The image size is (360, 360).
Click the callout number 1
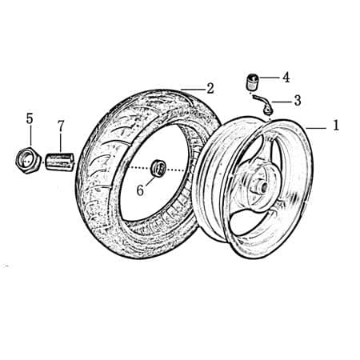coord(337,126)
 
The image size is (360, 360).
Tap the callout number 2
coord(210,88)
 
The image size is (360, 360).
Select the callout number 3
coord(297,101)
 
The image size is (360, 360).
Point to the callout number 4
coord(286,78)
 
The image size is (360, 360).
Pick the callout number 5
coord(30,118)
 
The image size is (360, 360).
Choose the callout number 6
coord(139,190)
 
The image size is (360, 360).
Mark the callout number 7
coord(60,126)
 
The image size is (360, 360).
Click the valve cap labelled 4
coord(253,81)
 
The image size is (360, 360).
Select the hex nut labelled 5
coord(29,159)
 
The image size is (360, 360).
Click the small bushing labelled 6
coord(158,168)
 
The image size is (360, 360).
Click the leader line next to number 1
coord(316,126)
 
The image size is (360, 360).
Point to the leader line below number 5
coord(30,136)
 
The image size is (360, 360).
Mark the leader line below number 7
coord(60,142)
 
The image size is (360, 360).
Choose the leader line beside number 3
coord(281,102)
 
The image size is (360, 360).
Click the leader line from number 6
coord(148,180)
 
